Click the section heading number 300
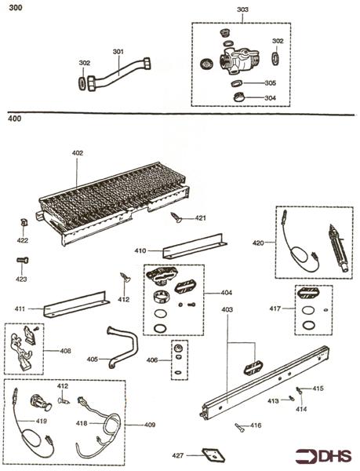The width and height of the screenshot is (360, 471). click(14, 8)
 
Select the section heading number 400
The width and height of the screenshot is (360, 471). click(14, 120)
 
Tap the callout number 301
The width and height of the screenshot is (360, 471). click(118, 53)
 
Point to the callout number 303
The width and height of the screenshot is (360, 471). click(242, 10)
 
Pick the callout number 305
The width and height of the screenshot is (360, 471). click(270, 82)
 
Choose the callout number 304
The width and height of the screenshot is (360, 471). click(270, 98)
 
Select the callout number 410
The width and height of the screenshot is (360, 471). click(140, 251)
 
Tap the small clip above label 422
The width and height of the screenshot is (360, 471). click(24, 224)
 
